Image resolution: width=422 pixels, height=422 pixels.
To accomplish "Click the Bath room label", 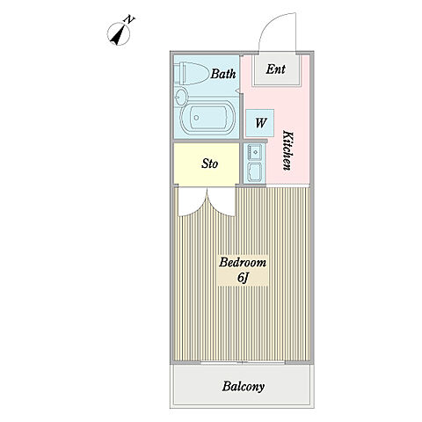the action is pyautogui.click(x=223, y=74).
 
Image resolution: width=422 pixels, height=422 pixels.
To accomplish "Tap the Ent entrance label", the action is pyautogui.click(x=275, y=69).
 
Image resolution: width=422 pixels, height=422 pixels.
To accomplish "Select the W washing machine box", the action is pyautogui.click(x=259, y=123).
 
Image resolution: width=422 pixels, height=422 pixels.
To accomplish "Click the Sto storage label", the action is pyautogui.click(x=209, y=164).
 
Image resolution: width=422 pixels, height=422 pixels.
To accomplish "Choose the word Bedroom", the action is pyautogui.click(x=243, y=262).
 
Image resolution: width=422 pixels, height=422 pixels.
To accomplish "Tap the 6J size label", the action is pyautogui.click(x=243, y=278).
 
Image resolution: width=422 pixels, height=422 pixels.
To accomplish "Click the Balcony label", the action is pyautogui.click(x=244, y=387).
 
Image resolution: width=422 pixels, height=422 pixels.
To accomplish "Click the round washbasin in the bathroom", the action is pyautogui.click(x=181, y=97).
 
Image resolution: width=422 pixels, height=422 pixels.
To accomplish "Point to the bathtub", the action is pyautogui.click(x=207, y=118).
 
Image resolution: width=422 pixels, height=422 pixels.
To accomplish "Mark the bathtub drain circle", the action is pyautogui.click(x=196, y=118).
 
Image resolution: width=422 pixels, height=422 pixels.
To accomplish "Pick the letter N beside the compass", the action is pyautogui.click(x=129, y=19).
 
